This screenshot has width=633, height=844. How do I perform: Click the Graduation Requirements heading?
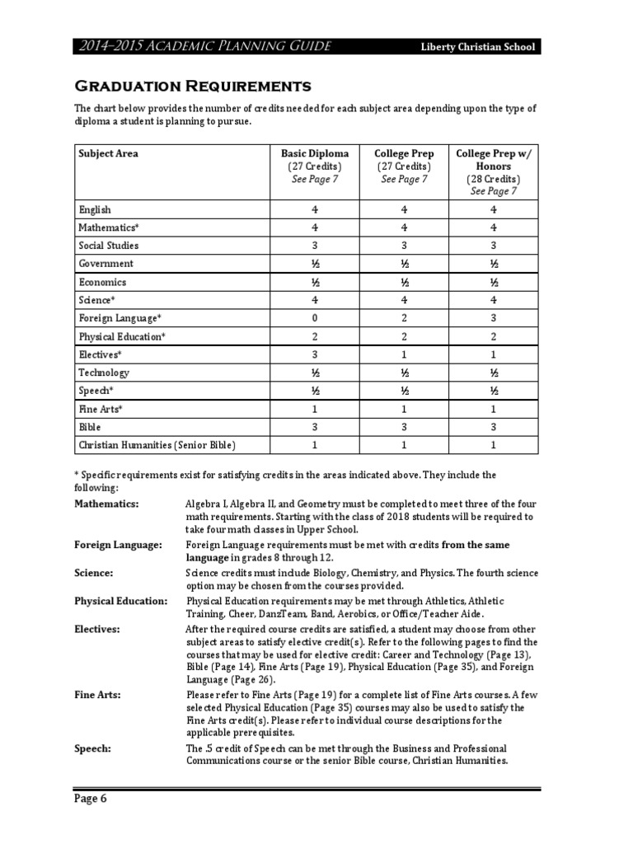point(193,87)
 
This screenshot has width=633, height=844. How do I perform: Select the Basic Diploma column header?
point(314,153)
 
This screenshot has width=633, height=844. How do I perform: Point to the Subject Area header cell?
point(108,153)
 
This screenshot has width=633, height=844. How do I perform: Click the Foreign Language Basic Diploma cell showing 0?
point(314,318)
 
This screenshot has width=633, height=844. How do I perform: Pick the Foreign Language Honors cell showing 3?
point(493,318)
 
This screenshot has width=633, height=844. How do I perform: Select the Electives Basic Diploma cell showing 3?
point(314,354)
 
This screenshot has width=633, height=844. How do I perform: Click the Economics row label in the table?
point(102,282)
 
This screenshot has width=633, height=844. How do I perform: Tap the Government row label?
point(105,264)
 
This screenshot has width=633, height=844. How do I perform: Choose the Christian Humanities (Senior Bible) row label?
point(157,445)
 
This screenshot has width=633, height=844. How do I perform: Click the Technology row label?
point(104,373)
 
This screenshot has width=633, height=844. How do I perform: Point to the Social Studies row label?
point(108,246)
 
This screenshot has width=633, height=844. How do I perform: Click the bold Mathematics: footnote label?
point(106,504)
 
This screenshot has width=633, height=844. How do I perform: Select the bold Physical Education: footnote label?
point(120,601)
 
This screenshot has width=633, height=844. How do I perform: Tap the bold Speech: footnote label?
point(93,748)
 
